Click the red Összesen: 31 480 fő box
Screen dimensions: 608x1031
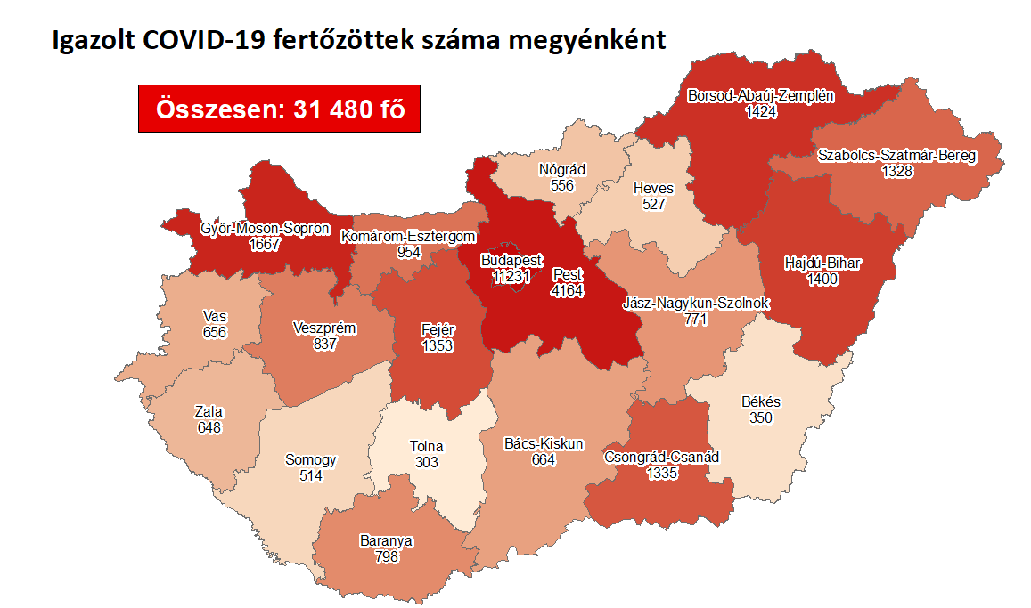[x=279, y=109]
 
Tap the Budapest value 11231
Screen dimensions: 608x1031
[x=511, y=276]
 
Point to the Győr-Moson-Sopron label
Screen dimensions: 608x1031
[x=265, y=229]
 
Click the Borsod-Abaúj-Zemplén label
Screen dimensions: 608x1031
[x=761, y=96]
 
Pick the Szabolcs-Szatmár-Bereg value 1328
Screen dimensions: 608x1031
[x=896, y=171]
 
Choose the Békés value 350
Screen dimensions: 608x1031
[x=760, y=417]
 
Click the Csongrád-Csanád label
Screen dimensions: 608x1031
[x=661, y=458]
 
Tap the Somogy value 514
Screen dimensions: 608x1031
[x=310, y=475]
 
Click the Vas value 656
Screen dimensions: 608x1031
[x=215, y=332]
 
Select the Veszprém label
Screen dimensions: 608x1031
[x=324, y=328]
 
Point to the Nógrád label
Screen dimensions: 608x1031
[x=562, y=170]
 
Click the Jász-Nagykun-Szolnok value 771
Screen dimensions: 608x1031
[x=694, y=319]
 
